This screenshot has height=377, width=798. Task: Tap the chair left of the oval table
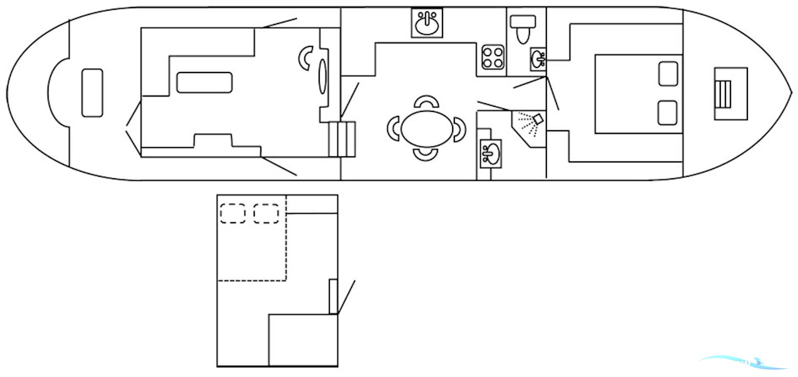pos(393,128)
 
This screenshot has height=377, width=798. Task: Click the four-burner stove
pos(493,57)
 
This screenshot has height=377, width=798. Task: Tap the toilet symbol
pos(523,29)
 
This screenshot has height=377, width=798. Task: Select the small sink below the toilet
pos(538,59)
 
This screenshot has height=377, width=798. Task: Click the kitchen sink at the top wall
pos(427,23)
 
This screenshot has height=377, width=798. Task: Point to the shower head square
pos(537,119)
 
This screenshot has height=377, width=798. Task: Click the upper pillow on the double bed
pos(668,74)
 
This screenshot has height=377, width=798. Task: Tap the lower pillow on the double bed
pos(668,113)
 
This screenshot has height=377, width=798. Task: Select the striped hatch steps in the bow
pos(724,94)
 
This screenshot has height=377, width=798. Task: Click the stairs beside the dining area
pos(342,139)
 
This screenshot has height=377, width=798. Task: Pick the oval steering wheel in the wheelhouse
pos(323,77)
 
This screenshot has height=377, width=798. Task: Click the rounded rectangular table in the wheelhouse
pos(204,83)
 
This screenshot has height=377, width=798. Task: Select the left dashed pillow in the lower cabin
pos(233,213)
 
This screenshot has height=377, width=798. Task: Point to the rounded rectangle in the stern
pos(92,93)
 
